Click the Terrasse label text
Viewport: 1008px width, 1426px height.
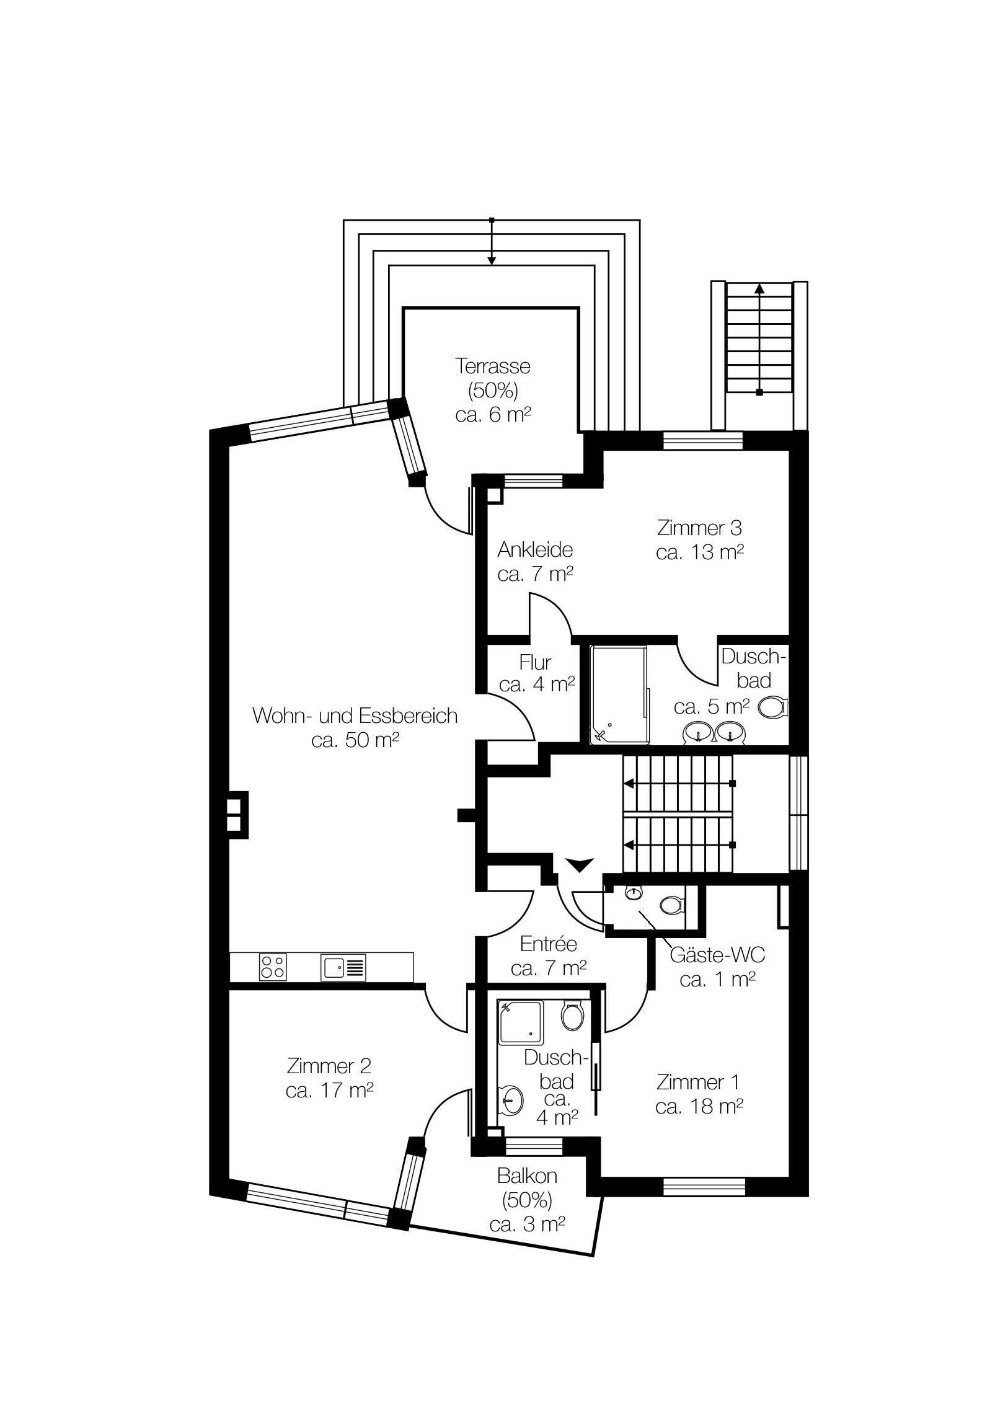point(492,366)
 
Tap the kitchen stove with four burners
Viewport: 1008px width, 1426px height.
point(273,967)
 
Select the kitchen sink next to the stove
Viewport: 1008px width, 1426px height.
point(343,968)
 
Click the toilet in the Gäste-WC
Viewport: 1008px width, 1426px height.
point(671,905)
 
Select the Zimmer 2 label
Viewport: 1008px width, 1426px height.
point(329,1066)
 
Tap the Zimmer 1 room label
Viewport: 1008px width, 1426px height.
point(698,1083)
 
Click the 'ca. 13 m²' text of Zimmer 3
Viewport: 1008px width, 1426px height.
point(700,552)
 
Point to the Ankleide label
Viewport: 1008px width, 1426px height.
point(535,550)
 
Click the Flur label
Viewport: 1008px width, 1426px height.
point(536,663)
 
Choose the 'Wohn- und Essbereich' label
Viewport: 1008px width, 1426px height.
point(355,715)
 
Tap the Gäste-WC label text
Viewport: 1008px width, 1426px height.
point(717,955)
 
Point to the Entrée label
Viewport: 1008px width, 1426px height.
point(549,944)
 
